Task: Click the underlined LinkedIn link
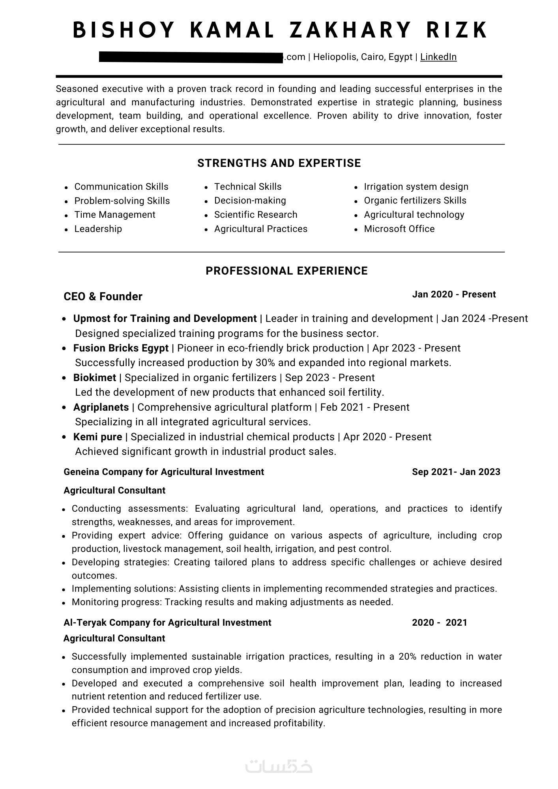click(438, 57)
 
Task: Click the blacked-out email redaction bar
click(191, 57)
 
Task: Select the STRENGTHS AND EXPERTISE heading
click(279, 163)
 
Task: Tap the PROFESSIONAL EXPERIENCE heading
click(286, 271)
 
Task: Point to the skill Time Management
click(115, 215)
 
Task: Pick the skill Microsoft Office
click(399, 229)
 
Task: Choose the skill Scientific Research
click(256, 215)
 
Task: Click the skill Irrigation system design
click(416, 187)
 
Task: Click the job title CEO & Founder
click(103, 296)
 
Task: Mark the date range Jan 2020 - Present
click(454, 294)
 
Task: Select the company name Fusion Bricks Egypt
click(121, 348)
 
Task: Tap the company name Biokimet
click(95, 378)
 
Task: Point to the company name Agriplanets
click(101, 407)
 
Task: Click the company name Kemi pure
click(97, 437)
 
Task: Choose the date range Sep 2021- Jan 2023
click(456, 472)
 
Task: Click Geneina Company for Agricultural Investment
click(164, 472)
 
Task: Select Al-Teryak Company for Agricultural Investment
click(167, 623)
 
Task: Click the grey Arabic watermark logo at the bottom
click(279, 765)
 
